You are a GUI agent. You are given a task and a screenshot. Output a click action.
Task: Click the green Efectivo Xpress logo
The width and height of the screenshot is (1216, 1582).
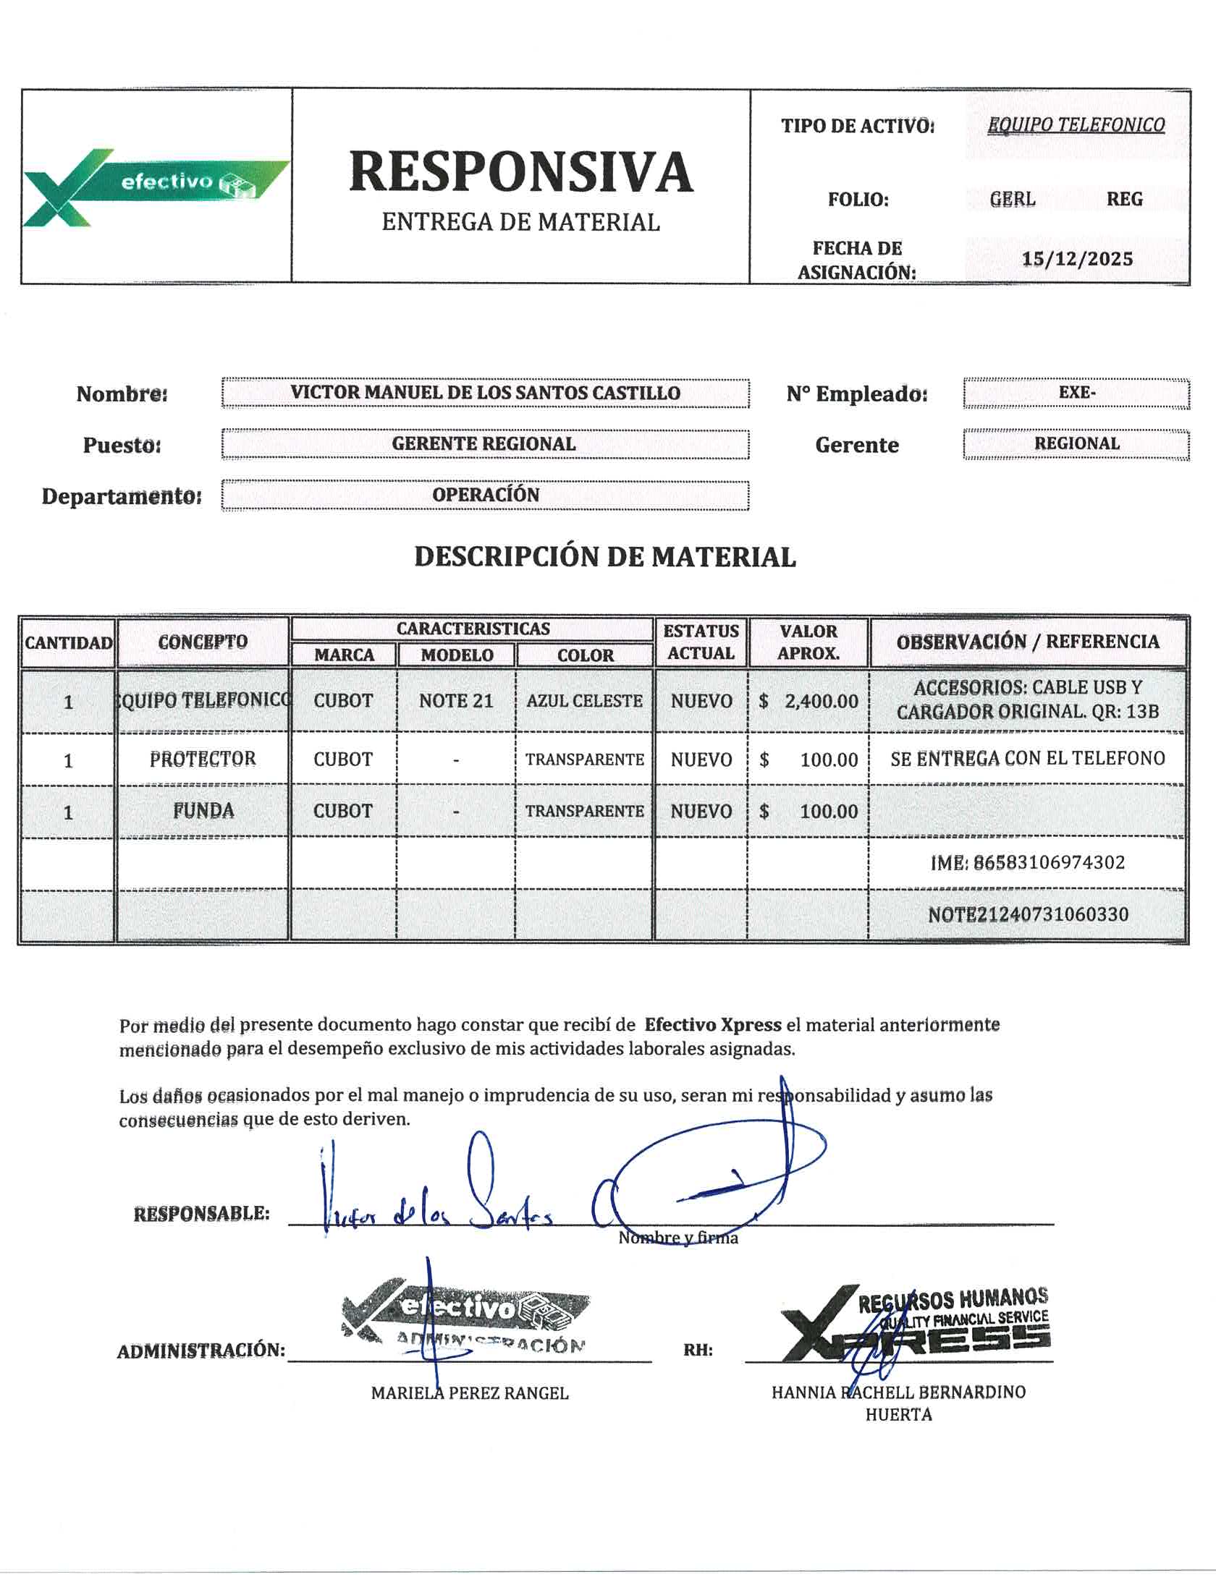click(156, 187)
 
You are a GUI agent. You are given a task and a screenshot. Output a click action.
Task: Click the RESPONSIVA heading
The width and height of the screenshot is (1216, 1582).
click(520, 172)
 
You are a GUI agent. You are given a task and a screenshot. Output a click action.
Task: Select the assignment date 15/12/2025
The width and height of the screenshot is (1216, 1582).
click(1077, 259)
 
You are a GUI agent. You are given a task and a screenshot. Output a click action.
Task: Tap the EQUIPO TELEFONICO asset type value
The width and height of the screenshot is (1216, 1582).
click(1076, 125)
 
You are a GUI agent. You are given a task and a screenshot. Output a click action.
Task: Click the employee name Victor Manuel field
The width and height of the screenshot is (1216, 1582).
click(485, 393)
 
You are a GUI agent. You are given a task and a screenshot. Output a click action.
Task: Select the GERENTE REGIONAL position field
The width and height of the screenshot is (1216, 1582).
click(484, 444)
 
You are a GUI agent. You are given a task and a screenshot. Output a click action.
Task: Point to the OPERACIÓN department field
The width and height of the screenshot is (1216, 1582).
click(485, 496)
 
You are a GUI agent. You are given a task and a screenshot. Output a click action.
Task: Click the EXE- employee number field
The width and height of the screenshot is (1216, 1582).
click(1076, 393)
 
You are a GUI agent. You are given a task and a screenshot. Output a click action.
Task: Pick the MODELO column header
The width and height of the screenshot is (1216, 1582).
click(457, 655)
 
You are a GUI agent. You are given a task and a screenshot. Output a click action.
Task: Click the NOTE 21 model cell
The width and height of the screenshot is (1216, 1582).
click(456, 701)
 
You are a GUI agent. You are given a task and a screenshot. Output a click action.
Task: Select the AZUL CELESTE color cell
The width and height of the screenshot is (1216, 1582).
click(584, 701)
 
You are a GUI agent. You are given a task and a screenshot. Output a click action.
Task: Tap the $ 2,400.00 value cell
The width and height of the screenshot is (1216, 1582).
click(808, 701)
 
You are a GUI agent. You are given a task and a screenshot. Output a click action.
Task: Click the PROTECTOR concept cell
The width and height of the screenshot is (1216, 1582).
click(203, 759)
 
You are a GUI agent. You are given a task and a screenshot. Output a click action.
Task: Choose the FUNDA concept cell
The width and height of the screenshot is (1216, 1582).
click(203, 811)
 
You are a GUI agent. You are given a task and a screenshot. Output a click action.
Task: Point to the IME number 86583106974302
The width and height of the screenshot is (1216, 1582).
click(1027, 862)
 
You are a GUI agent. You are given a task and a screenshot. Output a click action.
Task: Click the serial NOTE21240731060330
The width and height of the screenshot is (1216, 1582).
click(1028, 914)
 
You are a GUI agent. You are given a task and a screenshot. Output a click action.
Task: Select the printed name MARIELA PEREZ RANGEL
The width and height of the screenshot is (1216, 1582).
click(470, 1392)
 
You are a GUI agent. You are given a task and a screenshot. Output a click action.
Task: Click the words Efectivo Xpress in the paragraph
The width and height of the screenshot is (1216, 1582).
click(712, 1024)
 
